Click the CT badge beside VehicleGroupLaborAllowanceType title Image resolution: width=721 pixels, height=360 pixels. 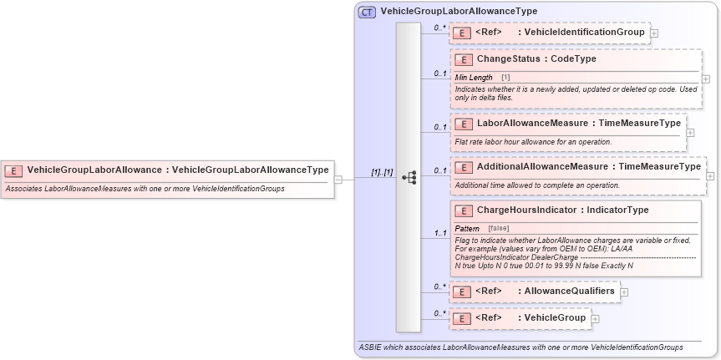(x=366, y=12)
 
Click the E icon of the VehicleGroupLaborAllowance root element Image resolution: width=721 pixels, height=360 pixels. (x=13, y=170)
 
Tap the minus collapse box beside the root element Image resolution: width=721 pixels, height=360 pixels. (x=338, y=178)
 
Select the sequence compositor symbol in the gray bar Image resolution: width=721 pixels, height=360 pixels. (x=409, y=177)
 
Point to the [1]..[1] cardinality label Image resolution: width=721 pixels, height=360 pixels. (x=382, y=172)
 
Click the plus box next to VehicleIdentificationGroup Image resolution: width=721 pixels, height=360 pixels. (x=654, y=33)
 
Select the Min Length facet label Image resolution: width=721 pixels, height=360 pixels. (x=474, y=77)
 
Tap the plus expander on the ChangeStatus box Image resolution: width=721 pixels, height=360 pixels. (x=706, y=79)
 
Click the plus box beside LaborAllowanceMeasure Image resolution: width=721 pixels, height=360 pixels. (x=690, y=132)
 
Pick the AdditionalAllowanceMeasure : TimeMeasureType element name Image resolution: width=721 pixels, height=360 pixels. (x=588, y=166)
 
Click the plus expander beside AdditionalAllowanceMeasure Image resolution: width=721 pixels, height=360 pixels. (x=710, y=175)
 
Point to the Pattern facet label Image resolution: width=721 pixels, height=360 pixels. (x=467, y=228)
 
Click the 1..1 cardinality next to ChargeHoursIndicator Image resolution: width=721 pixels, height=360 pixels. (x=439, y=233)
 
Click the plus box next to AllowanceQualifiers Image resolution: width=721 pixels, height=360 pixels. (x=624, y=292)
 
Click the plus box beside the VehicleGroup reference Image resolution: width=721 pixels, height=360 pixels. (x=595, y=319)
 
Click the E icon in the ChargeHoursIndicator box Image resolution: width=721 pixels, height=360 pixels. (x=463, y=210)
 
